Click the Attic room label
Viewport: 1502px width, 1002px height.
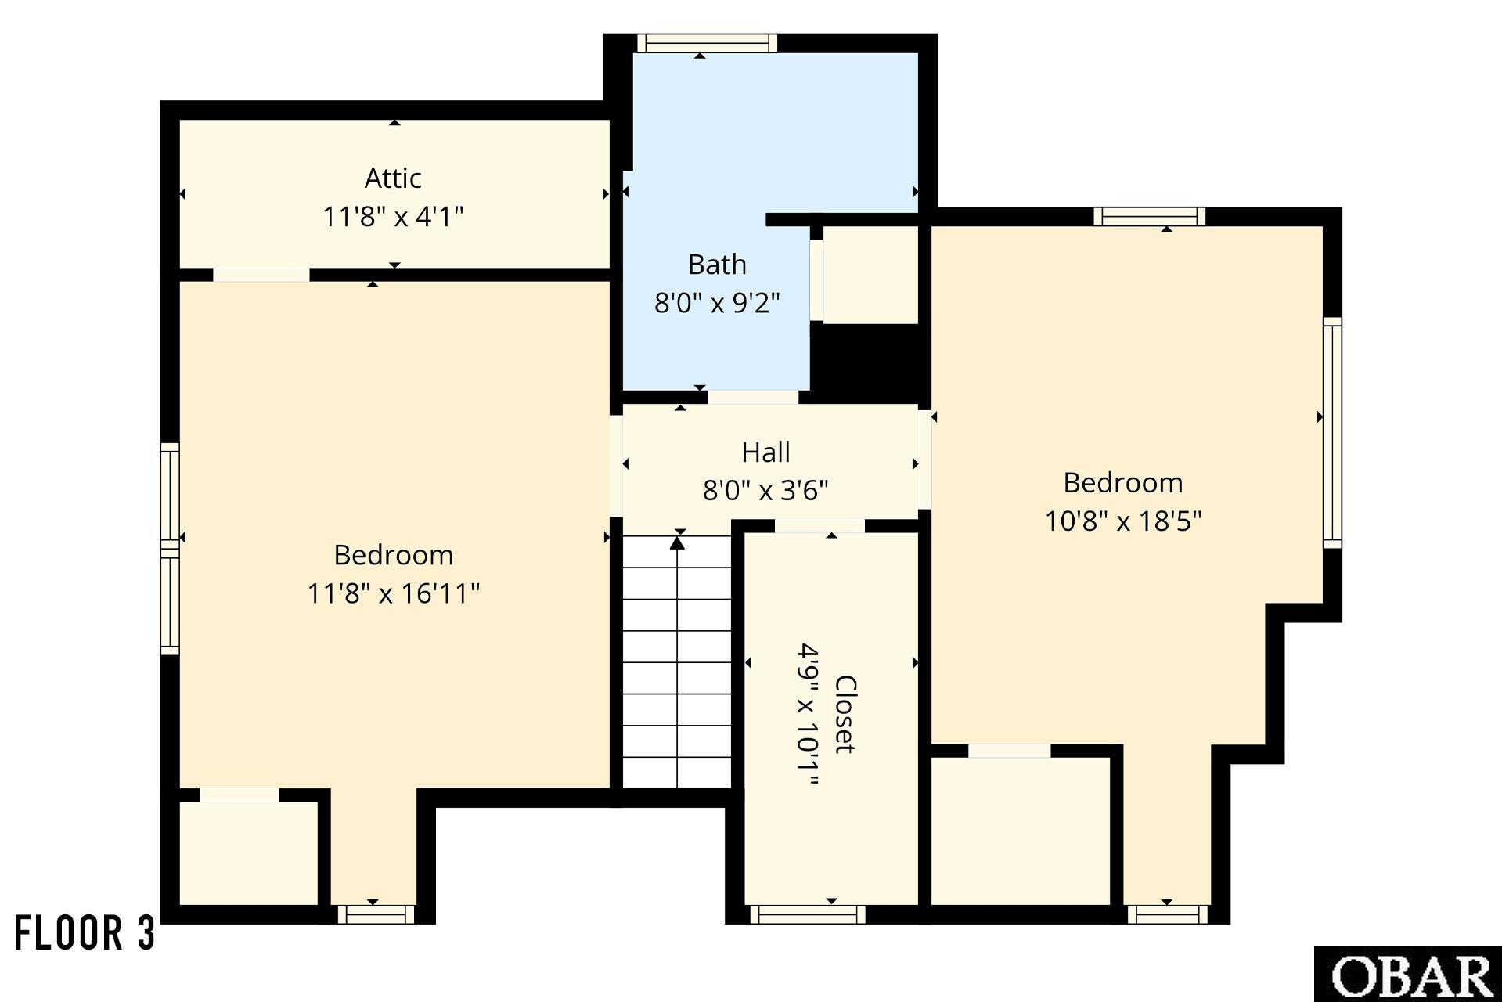393,178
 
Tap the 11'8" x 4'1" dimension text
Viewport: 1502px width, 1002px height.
393,217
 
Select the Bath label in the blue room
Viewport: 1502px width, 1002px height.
717,265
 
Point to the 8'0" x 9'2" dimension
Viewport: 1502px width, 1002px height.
717,302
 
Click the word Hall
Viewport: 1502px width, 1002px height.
765,452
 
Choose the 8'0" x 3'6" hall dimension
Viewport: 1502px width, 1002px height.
765,491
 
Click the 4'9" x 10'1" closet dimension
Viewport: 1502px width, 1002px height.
808,715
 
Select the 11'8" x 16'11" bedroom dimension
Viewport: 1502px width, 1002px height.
393,593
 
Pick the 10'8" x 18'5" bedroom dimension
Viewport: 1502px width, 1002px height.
1123,521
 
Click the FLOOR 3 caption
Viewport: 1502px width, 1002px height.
85,933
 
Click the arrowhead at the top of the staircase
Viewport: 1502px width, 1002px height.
678,542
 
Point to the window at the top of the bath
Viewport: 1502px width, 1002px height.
706,43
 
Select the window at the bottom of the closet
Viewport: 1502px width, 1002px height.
808,914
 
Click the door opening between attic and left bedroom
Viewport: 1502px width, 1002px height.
261,275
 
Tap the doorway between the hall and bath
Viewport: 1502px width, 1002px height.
753,397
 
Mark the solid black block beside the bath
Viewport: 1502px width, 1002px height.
864,361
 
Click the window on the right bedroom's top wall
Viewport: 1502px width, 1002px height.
1150,217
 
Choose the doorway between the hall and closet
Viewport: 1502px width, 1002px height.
819,527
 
